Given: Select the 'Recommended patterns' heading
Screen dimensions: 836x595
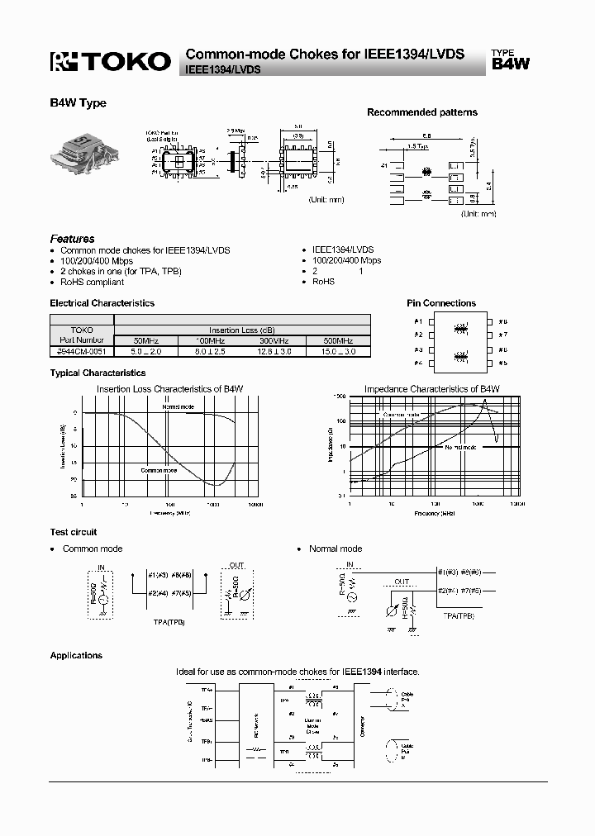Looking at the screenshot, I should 421,112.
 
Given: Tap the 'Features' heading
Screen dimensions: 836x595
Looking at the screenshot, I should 72,239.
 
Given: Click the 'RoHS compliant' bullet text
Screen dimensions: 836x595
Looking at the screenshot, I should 93,282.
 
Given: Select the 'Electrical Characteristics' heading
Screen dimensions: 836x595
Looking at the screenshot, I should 102,303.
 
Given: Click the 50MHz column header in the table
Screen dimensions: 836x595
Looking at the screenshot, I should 142,340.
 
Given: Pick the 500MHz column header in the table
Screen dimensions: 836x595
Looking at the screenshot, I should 339,340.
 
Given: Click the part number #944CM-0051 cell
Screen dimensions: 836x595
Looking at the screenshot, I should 82,351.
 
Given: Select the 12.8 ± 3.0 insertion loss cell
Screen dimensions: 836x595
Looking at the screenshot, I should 274,351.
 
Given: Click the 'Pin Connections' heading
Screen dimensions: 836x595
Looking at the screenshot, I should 441,303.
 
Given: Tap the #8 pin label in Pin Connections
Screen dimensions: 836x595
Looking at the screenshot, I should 502,321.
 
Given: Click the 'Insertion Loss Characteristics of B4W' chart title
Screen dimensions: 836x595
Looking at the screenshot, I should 170,388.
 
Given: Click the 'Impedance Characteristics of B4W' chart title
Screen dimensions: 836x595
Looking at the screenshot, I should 432,388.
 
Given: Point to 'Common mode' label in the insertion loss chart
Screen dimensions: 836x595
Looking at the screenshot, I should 159,470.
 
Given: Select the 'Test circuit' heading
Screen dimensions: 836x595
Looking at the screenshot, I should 74,532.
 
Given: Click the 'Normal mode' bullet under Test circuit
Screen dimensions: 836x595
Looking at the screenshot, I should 336,549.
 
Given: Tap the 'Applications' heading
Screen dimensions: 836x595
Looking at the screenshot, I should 76,655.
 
